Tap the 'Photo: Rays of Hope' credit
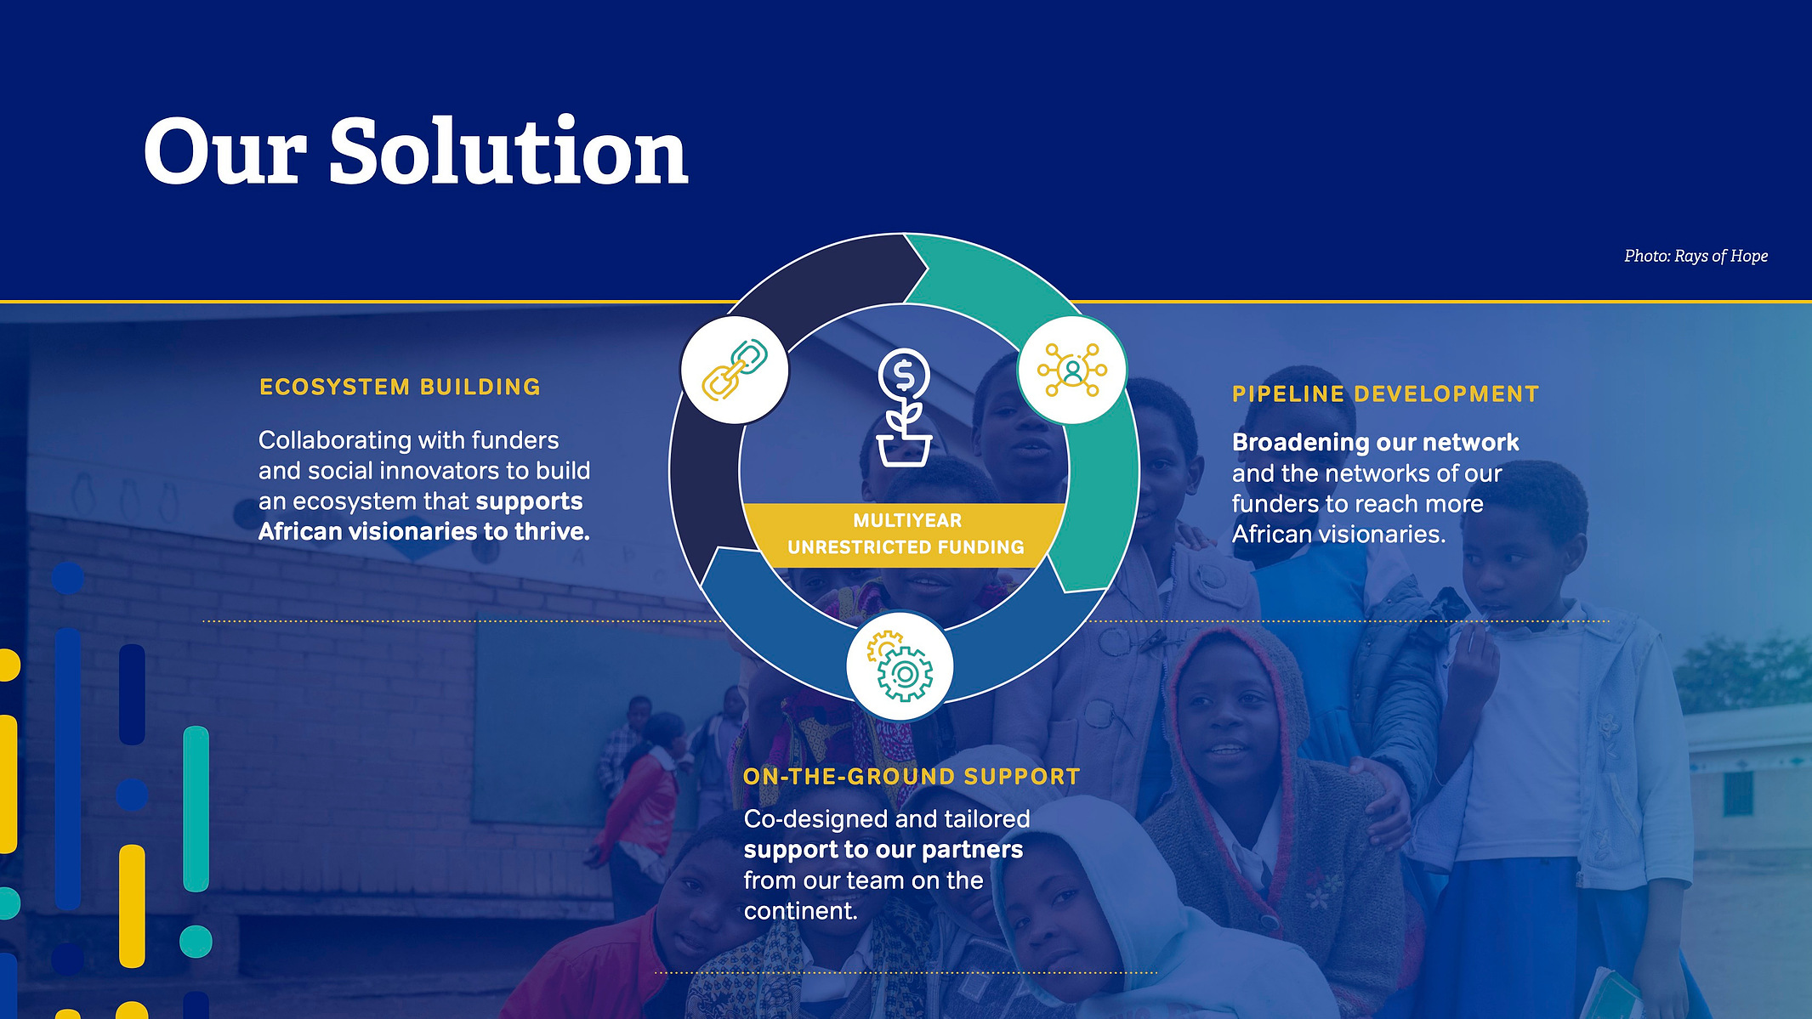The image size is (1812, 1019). [x=1696, y=256]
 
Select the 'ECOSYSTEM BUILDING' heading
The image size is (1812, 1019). [x=400, y=388]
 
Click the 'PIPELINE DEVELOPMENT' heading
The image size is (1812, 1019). [x=1386, y=394]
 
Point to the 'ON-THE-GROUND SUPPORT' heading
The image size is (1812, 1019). [x=912, y=777]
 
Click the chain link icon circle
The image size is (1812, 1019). [x=735, y=371]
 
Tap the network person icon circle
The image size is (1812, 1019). [x=1072, y=370]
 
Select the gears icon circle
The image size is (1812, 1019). [x=900, y=666]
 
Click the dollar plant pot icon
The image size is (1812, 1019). [x=904, y=408]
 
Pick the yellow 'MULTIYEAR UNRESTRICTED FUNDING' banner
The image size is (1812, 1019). [x=905, y=534]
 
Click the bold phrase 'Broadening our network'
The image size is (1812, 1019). [x=1375, y=443]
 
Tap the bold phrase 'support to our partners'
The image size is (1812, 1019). [x=883, y=850]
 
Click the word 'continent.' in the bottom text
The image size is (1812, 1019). [x=801, y=911]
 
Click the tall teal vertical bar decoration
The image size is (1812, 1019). [x=196, y=809]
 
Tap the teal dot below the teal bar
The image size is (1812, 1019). [x=196, y=942]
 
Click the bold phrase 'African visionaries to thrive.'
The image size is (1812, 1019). [x=424, y=532]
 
